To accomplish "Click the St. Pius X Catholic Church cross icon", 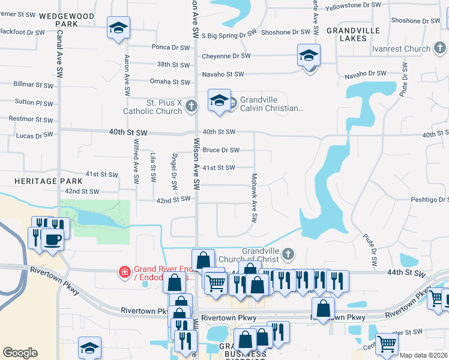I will point(191,106).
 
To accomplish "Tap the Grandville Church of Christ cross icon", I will point(288,254).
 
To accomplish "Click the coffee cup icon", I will point(52,239).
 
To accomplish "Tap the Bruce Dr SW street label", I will point(221,150).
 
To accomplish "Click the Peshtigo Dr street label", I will point(430,199).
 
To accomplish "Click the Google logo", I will point(20,353).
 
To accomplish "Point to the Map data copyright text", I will point(424,355).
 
